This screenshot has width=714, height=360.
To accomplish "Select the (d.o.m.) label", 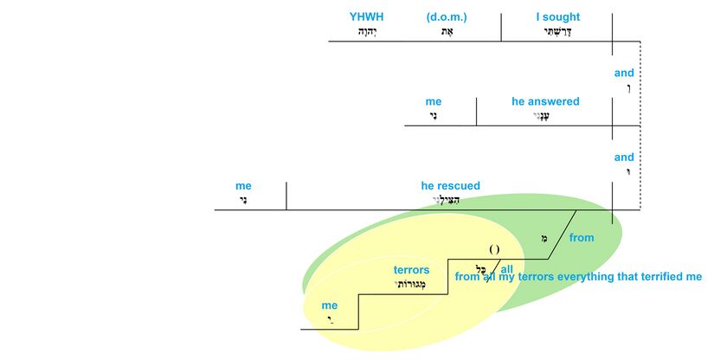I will point(447,16).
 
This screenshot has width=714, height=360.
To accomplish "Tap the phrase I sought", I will point(558,16).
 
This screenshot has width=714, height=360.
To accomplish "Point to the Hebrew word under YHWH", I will point(368,31).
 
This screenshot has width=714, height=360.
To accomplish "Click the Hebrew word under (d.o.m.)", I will point(447,31).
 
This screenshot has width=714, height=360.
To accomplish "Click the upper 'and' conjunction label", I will point(624,73).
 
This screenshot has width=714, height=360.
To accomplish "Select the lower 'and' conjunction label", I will point(624,157).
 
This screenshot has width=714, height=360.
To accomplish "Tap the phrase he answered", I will point(545,101).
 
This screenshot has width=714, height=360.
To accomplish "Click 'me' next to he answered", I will point(434,101).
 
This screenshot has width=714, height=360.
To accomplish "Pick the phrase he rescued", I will point(450,185).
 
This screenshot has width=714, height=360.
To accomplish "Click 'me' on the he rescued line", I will point(243,185).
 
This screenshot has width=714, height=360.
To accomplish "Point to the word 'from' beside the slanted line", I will point(582,237).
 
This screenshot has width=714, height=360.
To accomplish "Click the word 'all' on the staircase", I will point(506,269).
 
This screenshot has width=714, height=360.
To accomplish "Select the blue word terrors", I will point(411,270).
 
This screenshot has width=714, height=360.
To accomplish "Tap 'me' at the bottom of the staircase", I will point(329,305).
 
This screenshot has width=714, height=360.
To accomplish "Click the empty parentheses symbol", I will point(494,250).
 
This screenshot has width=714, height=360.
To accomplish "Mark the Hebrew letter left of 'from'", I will point(544,238).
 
